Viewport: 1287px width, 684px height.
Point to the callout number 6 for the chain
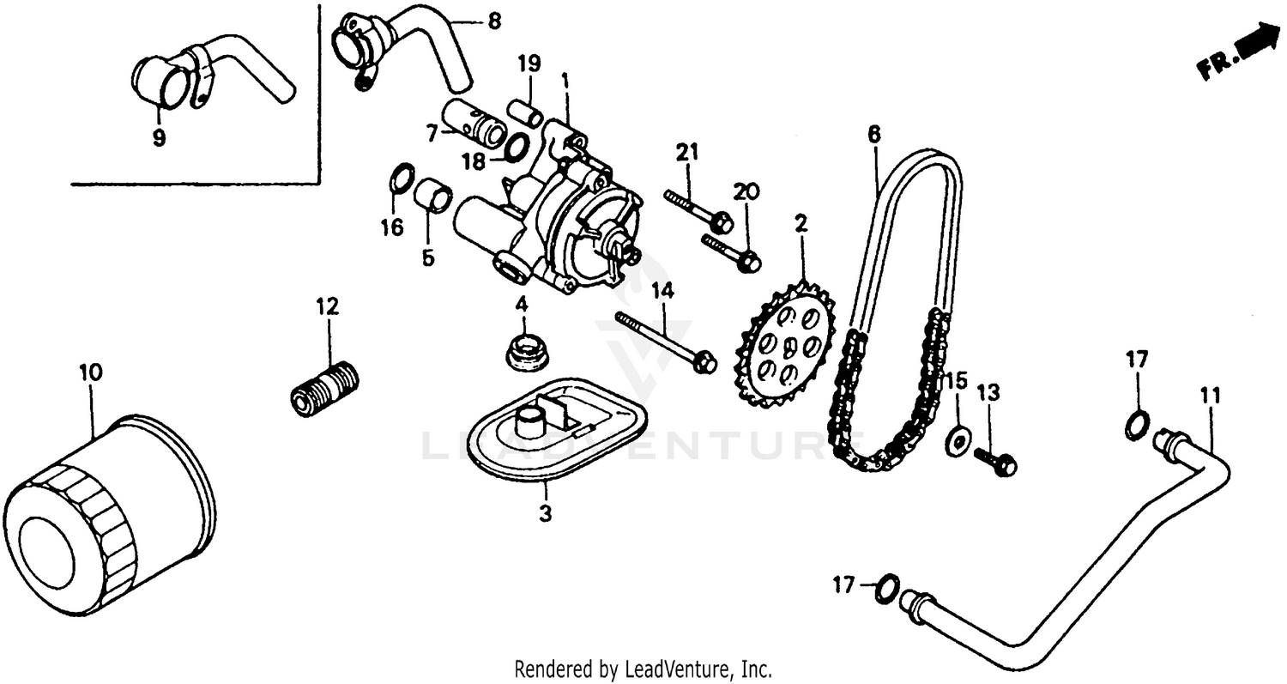coord(873,134)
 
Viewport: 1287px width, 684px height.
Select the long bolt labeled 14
coord(665,341)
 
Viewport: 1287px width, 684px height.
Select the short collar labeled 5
coord(433,197)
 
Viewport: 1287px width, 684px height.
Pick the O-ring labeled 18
coord(515,148)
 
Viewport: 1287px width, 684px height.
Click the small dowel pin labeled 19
coord(523,112)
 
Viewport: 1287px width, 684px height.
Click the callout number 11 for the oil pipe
coord(1210,396)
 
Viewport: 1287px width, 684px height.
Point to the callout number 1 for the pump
coord(565,81)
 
